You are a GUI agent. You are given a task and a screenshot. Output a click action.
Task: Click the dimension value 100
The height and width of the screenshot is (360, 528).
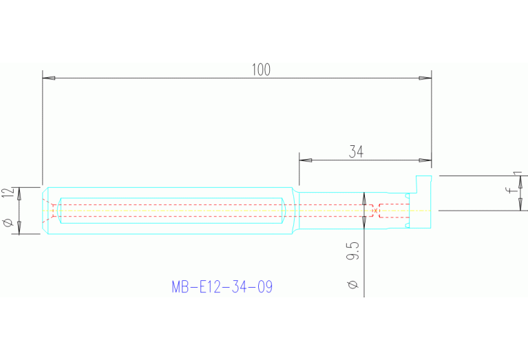[x=261, y=70]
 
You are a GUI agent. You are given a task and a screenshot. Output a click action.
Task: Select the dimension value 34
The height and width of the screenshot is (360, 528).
[x=356, y=152]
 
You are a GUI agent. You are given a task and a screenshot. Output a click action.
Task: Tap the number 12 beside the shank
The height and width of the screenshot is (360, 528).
[x=8, y=193]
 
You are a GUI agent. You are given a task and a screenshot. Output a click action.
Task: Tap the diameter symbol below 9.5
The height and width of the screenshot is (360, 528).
[x=352, y=284]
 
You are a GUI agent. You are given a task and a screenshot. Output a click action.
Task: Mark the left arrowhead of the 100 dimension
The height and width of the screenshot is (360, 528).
[x=48, y=78]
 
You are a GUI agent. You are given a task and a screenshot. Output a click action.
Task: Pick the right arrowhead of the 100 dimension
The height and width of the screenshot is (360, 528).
[x=425, y=78]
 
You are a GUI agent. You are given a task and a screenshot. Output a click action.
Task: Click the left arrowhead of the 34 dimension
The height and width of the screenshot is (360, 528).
[x=305, y=160]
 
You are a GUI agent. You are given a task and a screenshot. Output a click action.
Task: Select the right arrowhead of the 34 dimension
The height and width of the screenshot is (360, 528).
[x=425, y=160]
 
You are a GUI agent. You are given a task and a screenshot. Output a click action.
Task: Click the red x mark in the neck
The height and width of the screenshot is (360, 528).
[x=375, y=210]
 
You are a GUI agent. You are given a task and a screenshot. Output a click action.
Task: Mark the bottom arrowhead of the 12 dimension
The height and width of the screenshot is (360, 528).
[x=19, y=229]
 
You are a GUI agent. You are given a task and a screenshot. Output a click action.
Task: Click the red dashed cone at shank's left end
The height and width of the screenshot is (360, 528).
[x=49, y=210]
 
